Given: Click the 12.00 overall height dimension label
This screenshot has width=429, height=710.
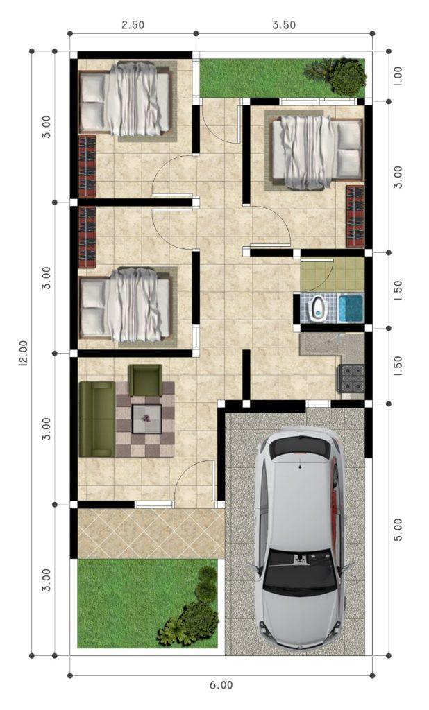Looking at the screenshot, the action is [23, 352].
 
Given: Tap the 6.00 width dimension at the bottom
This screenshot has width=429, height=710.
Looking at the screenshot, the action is [221, 685].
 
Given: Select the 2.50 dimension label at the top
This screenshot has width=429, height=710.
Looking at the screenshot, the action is [133, 25].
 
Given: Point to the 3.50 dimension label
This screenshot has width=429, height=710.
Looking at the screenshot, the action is [284, 25].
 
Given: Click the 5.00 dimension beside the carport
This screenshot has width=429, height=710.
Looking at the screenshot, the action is [398, 530].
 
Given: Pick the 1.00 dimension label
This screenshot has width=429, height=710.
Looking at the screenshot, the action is [398, 77].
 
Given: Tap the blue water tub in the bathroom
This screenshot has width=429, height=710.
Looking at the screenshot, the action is [351, 309].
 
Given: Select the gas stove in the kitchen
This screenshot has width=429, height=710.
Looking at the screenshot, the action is [351, 378].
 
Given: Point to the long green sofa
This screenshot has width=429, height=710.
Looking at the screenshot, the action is [97, 419].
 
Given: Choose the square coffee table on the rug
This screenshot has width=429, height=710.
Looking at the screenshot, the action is [146, 419].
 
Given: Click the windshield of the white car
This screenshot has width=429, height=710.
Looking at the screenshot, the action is [300, 573].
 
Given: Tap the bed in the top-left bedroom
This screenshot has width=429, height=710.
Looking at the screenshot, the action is [125, 100].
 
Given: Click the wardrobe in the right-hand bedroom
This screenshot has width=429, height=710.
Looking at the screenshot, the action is [355, 216].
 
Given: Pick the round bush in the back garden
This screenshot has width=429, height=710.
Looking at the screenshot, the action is [347, 77].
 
